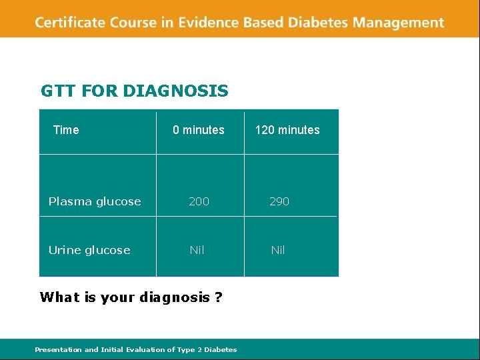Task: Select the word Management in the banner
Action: (x=399, y=23)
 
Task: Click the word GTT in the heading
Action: (x=59, y=91)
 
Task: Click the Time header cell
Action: (x=66, y=130)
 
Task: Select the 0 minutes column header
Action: (x=199, y=130)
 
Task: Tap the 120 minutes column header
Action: (x=287, y=130)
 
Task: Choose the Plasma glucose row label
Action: (x=95, y=201)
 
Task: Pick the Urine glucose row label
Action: (x=89, y=250)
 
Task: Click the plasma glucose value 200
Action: (x=199, y=201)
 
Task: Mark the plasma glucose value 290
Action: (x=279, y=201)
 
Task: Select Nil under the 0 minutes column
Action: (x=197, y=250)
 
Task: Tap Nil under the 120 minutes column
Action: (x=278, y=250)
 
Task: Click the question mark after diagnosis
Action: (x=219, y=297)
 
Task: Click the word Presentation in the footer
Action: (x=57, y=349)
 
